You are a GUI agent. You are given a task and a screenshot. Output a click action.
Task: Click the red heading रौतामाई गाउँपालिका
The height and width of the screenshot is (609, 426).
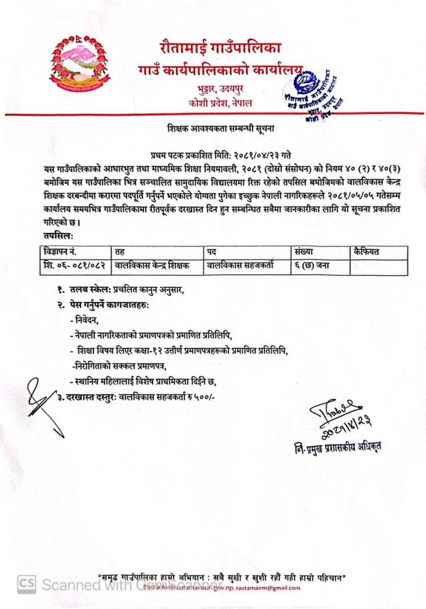(x=220, y=48)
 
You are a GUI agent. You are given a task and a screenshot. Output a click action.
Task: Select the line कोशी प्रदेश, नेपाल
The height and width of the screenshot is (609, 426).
(x=222, y=102)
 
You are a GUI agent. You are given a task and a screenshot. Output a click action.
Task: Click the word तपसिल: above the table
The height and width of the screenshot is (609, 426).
(x=55, y=236)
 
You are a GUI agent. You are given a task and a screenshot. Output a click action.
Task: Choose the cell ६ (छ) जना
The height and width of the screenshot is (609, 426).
(x=313, y=266)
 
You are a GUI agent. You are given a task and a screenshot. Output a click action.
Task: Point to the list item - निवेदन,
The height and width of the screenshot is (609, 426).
(x=84, y=321)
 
